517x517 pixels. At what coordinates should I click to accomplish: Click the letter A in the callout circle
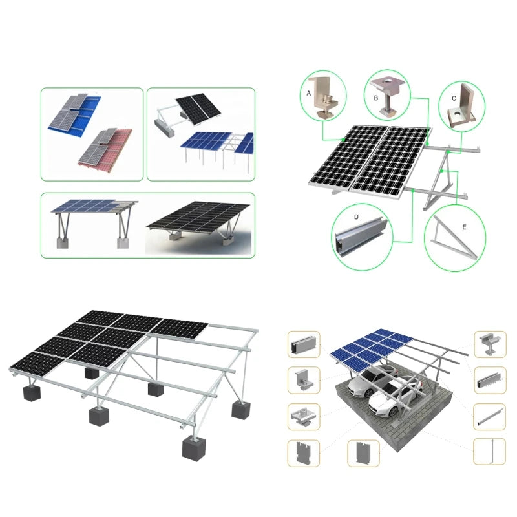coord(309,93)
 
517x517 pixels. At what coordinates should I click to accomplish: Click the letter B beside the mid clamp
coord(376,98)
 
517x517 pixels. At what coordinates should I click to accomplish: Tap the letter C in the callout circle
coord(454,98)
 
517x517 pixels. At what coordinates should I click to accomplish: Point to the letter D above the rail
coord(356,217)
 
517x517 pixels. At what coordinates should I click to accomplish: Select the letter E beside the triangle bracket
coord(464,227)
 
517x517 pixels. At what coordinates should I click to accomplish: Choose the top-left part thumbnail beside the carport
coord(304,344)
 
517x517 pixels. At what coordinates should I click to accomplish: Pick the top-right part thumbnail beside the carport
coord(490,344)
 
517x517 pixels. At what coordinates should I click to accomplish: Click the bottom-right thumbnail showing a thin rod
coord(489,452)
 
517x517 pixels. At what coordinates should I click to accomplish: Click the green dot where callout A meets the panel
coord(344,140)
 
